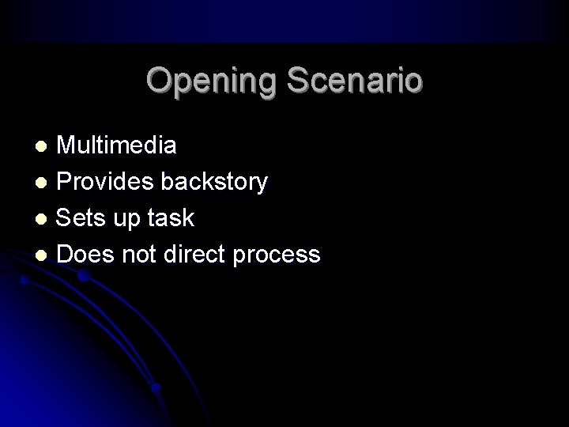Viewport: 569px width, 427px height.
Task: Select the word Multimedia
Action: click(x=117, y=145)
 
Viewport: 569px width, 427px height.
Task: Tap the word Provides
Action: click(x=106, y=182)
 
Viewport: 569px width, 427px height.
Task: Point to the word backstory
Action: click(x=213, y=182)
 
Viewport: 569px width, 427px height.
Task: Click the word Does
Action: click(x=81, y=254)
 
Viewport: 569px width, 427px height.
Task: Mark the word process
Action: click(x=281, y=255)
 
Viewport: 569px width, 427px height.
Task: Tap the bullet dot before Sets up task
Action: click(x=44, y=219)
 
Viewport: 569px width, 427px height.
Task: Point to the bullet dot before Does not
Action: click(x=44, y=255)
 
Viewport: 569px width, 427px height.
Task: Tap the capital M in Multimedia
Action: click(x=67, y=145)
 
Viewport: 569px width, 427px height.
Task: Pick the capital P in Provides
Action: click(x=66, y=182)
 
